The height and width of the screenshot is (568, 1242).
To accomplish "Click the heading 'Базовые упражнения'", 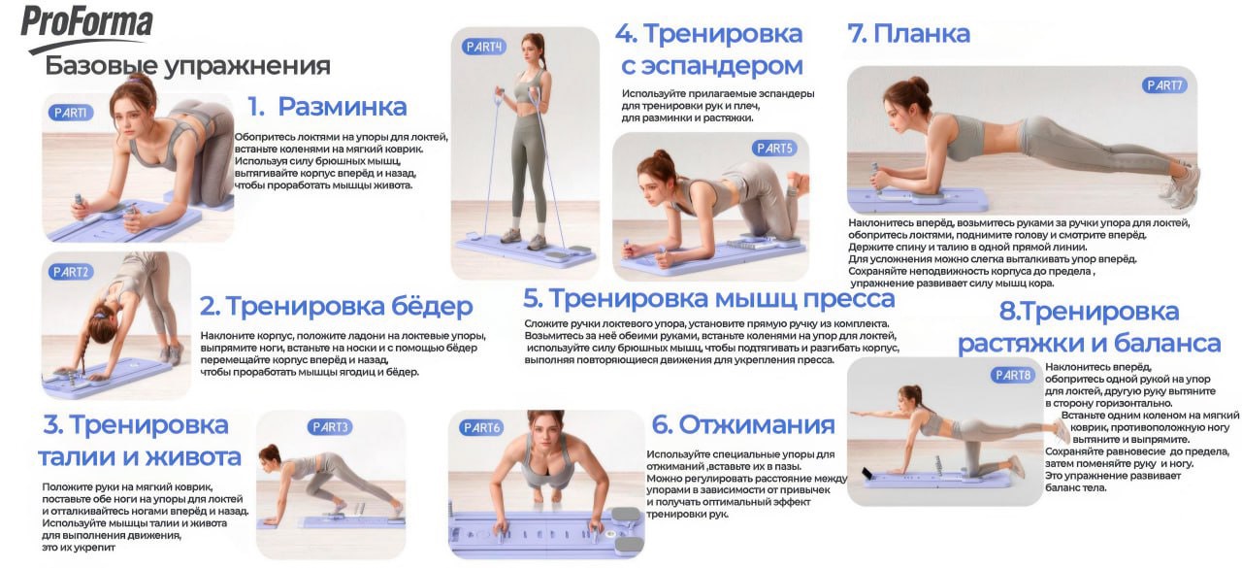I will pyautogui.click(x=187, y=66).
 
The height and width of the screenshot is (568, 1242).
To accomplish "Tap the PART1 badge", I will pyautogui.click(x=71, y=113).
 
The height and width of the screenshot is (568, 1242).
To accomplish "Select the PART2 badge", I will pyautogui.click(x=71, y=272).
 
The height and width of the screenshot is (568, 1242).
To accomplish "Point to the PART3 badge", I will pyautogui.click(x=330, y=426).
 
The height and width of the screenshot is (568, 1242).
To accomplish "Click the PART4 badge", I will pyautogui.click(x=484, y=47).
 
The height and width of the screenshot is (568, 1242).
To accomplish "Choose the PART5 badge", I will pyautogui.click(x=773, y=149).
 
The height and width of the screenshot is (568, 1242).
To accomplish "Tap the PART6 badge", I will pyautogui.click(x=482, y=427).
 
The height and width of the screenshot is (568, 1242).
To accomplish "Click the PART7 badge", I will pyautogui.click(x=1164, y=85).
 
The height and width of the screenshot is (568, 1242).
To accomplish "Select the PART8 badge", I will pyautogui.click(x=1013, y=375).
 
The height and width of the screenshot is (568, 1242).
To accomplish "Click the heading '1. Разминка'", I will pyautogui.click(x=326, y=106).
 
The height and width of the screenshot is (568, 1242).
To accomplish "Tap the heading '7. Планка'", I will pyautogui.click(x=908, y=34).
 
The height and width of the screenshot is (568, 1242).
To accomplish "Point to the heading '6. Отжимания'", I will pyautogui.click(x=742, y=424).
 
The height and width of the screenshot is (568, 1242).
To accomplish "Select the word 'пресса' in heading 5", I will pyautogui.click(x=844, y=298).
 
